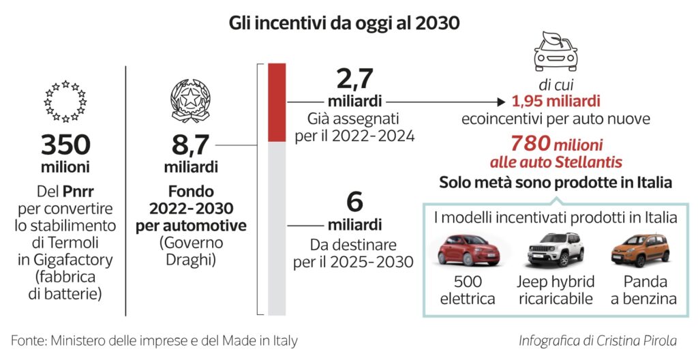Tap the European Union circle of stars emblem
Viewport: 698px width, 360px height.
[65, 100]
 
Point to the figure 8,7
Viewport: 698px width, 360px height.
[189, 145]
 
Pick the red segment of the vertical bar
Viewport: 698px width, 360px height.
[277, 102]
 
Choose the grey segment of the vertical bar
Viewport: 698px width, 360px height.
[277, 225]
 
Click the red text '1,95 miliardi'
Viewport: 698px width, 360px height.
[556, 102]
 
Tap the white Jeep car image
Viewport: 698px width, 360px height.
[555, 250]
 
